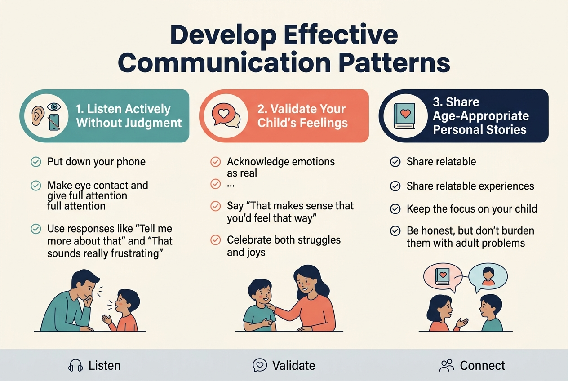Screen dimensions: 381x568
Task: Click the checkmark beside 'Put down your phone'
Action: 35,162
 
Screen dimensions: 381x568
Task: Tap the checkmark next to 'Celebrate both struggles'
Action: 216,240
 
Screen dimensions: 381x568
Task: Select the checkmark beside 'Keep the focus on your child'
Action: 395,209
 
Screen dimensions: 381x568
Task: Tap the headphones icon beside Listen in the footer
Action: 75,366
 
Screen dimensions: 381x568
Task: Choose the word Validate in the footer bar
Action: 294,366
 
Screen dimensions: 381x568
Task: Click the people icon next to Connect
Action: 446,366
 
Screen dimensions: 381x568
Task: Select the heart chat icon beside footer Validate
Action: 260,366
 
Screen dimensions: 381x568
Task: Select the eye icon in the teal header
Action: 55,106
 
